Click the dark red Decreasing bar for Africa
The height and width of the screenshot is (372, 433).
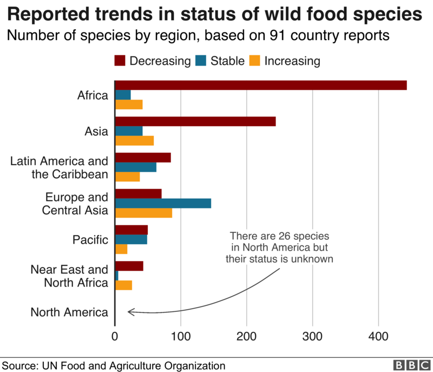tap(260, 85)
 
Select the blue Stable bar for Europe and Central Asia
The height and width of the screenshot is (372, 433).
tap(163, 203)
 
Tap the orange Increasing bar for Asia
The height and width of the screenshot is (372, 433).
tap(134, 141)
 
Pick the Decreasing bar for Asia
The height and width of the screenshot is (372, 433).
tap(195, 121)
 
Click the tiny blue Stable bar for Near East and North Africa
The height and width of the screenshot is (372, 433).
tap(116, 276)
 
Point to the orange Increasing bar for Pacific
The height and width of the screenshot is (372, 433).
tap(121, 249)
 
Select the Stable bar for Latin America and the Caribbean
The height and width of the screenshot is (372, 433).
tap(135, 167)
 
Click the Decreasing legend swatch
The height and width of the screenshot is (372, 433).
tap(120, 60)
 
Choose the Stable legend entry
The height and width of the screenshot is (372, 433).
tap(227, 60)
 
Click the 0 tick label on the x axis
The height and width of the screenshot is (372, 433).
tap(115, 336)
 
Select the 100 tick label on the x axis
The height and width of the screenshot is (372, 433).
tap(181, 336)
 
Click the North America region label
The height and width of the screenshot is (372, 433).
tap(69, 312)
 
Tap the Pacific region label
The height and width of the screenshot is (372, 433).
tap(90, 239)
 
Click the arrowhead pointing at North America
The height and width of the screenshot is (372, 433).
tap(130, 311)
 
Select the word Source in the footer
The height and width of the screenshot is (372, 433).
tap(20, 365)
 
